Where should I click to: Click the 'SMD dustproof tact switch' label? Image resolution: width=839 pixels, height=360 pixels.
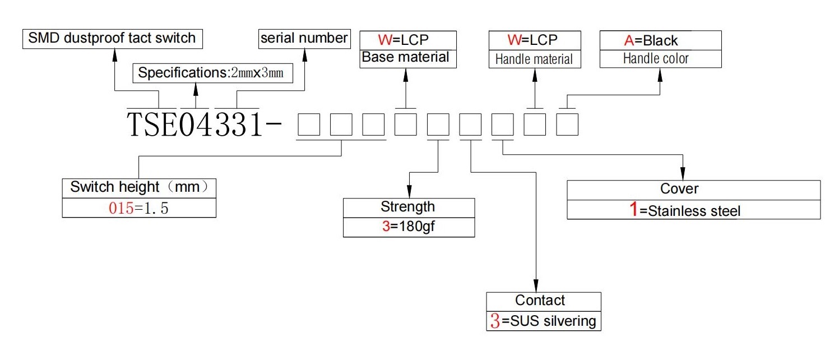tap(112, 38)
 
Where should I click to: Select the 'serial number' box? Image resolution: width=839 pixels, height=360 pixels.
tap(304, 39)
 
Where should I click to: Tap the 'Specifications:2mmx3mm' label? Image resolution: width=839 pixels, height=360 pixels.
tap(211, 73)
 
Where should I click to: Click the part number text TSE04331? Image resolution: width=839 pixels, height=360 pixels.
tap(195, 124)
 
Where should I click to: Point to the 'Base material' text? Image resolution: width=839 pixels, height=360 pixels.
tap(405, 57)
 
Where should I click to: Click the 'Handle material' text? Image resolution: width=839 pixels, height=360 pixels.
tap(534, 59)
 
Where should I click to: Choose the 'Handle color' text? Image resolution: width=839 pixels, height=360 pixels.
tap(656, 58)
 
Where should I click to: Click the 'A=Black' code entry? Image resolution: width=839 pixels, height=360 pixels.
tap(651, 40)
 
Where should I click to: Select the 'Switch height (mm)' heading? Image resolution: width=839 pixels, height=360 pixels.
tap(138, 187)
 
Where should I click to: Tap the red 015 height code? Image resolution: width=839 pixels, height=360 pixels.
tap(121, 208)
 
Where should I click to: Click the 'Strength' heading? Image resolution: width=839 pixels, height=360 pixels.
tap(407, 207)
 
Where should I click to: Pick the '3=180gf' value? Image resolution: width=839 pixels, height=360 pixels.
tap(408, 227)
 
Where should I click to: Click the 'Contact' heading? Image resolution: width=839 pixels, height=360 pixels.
tap(540, 300)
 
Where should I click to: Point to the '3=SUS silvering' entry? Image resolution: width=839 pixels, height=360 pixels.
tap(543, 321)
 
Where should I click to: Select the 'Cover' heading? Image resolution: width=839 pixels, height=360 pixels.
tap(679, 188)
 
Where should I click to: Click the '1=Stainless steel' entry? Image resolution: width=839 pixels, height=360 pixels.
tap(685, 210)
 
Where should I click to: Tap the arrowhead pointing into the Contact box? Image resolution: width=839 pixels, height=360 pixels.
tap(536, 286)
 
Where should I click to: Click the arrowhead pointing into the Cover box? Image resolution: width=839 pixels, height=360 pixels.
tap(683, 174)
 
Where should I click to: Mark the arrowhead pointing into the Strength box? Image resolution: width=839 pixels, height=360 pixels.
tap(409, 191)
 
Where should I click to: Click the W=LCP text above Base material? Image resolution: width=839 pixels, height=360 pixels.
tap(403, 40)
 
